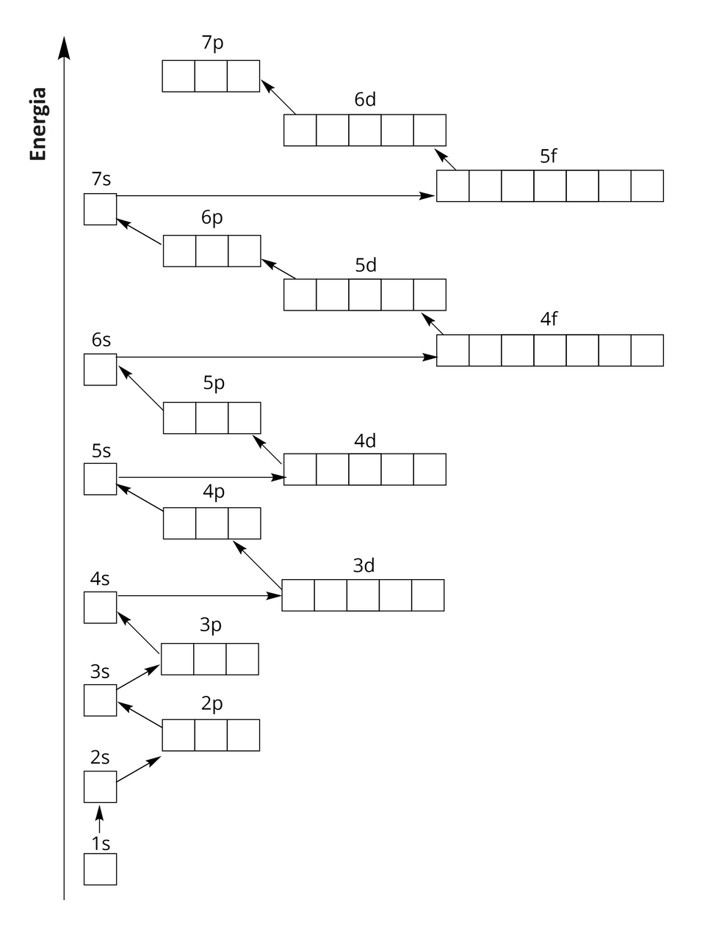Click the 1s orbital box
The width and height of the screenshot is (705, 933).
click(100, 869)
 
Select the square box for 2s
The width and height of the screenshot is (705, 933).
click(100, 787)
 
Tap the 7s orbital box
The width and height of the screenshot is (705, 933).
click(100, 209)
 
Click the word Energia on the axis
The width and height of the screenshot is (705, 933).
click(38, 124)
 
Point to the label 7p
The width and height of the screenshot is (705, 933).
click(212, 43)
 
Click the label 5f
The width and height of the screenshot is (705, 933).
click(549, 156)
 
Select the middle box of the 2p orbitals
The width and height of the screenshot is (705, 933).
click(211, 736)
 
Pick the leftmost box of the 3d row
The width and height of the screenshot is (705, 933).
click(298, 595)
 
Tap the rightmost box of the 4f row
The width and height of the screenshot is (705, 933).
click(647, 350)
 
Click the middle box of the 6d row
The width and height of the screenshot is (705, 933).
click(365, 131)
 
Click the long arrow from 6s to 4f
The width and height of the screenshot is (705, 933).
click(276, 357)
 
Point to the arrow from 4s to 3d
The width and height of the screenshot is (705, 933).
click(198, 595)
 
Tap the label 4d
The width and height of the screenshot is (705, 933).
click(365, 441)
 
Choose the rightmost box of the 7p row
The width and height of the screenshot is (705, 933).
click(243, 76)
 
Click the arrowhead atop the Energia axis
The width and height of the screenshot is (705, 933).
click(65, 47)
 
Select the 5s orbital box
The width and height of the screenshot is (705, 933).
click(100, 479)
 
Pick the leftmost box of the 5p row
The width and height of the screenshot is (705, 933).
click(179, 418)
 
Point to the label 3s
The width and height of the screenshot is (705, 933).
click(100, 672)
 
